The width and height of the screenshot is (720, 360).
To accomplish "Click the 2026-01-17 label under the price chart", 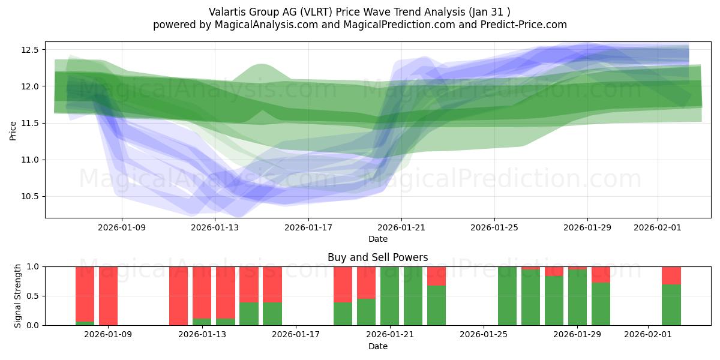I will tap(308, 227).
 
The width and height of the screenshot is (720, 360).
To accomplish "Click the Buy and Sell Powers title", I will tap(377, 257).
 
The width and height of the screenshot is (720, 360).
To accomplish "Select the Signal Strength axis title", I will tap(18, 295).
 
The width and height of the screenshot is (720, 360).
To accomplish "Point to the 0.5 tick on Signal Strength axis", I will tap(33, 296).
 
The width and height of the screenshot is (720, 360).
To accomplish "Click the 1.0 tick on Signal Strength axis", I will tap(33, 266).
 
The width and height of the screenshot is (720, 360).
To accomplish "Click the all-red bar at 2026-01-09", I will tap(108, 295).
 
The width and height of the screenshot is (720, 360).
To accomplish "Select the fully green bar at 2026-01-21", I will tap(389, 295).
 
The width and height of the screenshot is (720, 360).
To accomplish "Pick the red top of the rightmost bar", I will tap(671, 275).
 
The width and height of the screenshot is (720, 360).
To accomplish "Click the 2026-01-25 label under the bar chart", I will tap(483, 335).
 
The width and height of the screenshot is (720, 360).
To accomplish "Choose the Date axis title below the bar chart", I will tap(377, 346).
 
